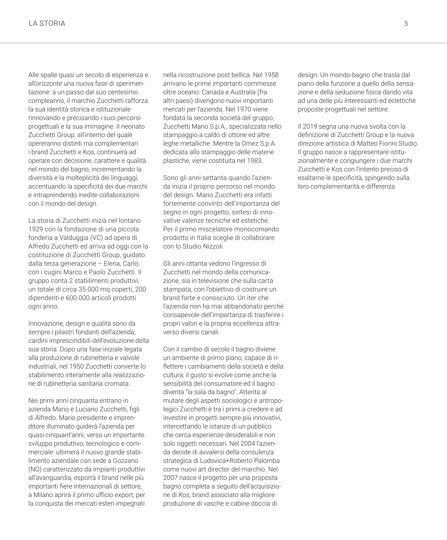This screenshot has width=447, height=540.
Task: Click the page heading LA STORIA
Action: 47,23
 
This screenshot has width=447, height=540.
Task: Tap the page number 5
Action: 406,24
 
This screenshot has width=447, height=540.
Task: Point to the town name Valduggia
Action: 74,238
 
